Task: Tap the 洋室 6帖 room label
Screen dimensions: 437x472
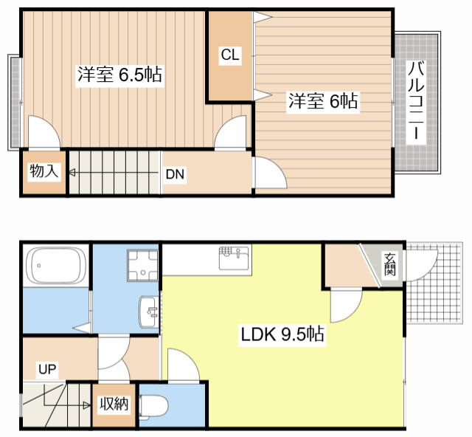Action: point(322,102)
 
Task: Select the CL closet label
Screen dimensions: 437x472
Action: point(230,55)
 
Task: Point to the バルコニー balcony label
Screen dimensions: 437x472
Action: point(417,103)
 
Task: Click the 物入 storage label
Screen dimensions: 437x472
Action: point(44,172)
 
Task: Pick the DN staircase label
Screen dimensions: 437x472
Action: point(175,174)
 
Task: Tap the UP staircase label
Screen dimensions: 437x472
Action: point(47,369)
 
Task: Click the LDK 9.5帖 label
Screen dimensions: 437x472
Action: point(282,334)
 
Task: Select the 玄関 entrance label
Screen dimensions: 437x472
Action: point(389,264)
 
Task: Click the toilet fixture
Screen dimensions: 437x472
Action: point(157,405)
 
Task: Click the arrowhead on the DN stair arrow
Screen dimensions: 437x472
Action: point(72,174)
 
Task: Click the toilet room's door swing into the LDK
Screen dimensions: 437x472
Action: point(181,365)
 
